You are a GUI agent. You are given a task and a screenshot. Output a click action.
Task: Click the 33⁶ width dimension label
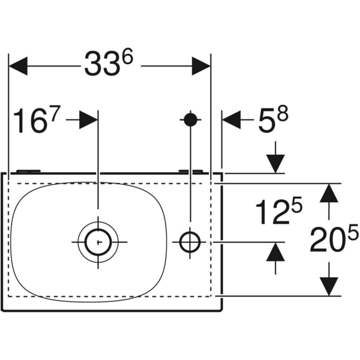pos(108,64)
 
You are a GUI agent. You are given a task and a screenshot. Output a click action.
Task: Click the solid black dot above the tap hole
pos(190,119)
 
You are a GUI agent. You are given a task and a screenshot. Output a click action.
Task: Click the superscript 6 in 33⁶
pos(127,56)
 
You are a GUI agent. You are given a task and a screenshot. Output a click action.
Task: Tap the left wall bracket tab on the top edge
pos(29,170)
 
